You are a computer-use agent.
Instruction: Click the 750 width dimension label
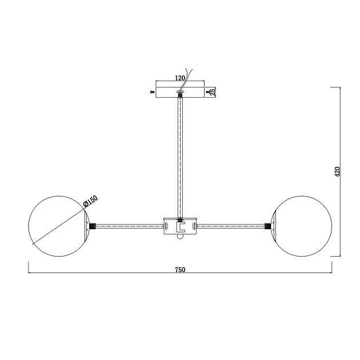[x=180, y=270]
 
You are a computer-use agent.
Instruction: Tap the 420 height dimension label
[x=337, y=171]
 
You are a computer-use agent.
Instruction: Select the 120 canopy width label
[x=180, y=78]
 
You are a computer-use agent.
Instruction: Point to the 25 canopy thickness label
[x=213, y=92]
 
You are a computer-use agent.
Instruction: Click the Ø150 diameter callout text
[x=90, y=201]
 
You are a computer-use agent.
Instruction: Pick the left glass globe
[x=58, y=226]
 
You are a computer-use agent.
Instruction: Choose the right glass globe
[x=302, y=226]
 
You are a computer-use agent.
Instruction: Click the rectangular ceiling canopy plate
[x=180, y=93]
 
